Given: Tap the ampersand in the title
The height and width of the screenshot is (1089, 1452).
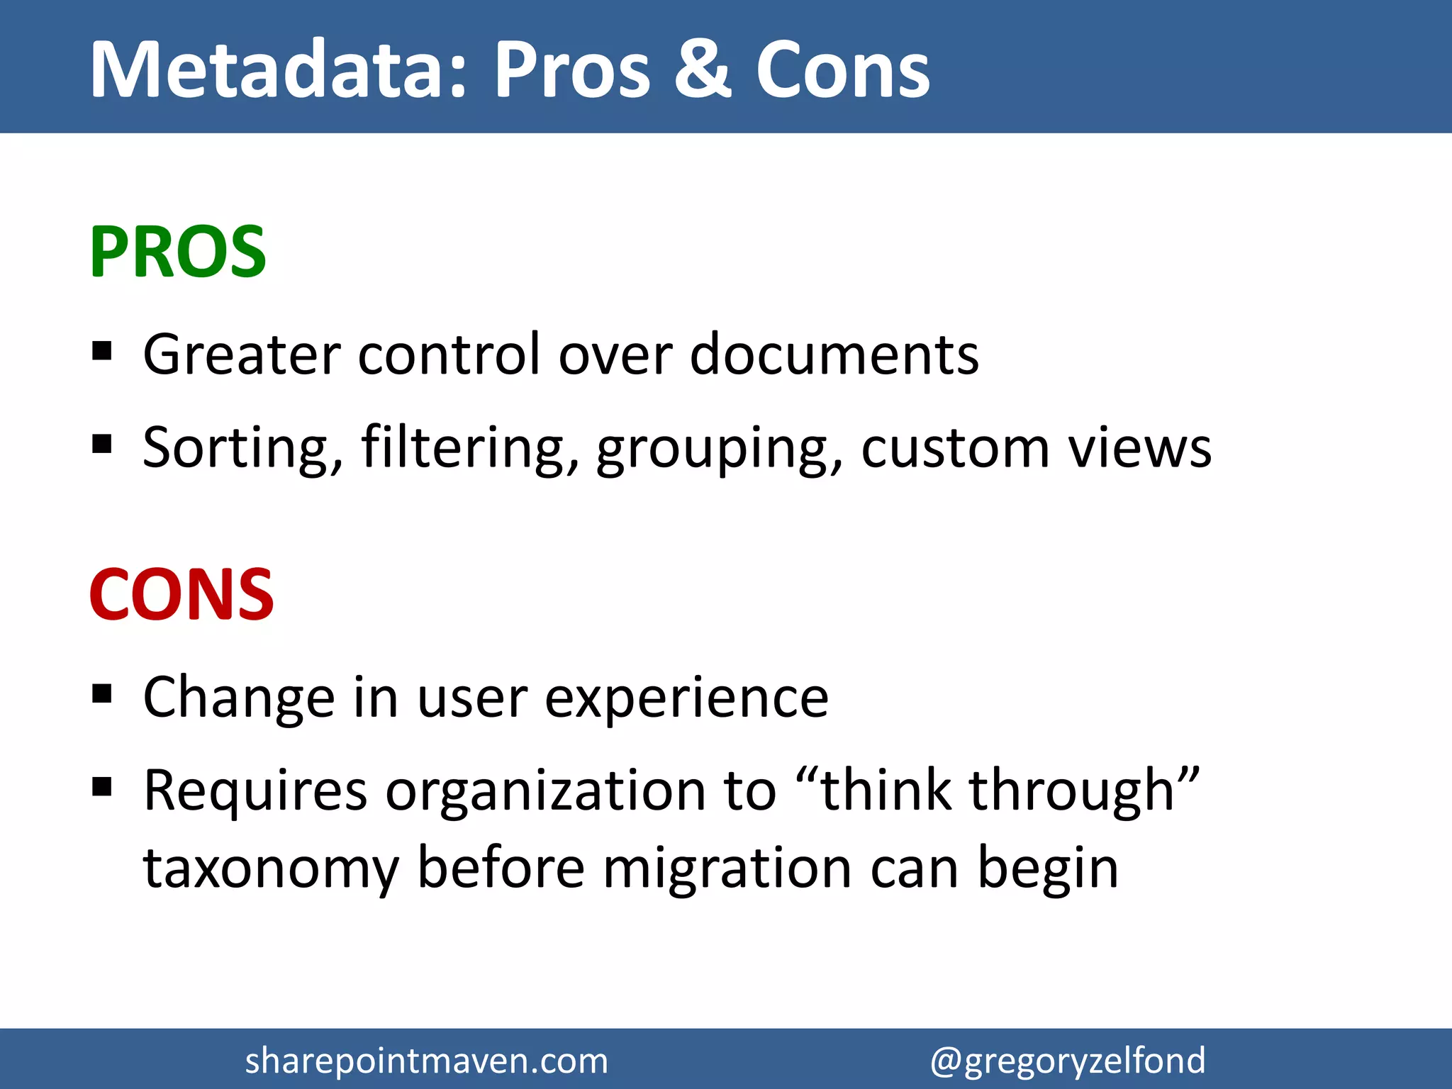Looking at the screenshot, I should point(702,69).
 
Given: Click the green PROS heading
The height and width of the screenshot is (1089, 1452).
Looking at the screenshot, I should point(177,252).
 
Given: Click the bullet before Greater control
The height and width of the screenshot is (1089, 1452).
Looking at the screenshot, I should point(102,351).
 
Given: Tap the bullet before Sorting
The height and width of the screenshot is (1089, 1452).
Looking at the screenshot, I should point(102,445).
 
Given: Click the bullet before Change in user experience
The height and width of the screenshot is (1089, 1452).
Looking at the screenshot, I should point(102,693).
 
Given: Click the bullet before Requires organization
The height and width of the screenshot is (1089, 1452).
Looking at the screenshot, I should point(102,786).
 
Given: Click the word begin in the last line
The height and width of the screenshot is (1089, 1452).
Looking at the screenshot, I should point(1047,869).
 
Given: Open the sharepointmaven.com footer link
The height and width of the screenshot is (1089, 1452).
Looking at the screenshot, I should point(426,1061).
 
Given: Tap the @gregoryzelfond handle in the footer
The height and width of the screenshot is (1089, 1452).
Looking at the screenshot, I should point(1067,1061).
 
